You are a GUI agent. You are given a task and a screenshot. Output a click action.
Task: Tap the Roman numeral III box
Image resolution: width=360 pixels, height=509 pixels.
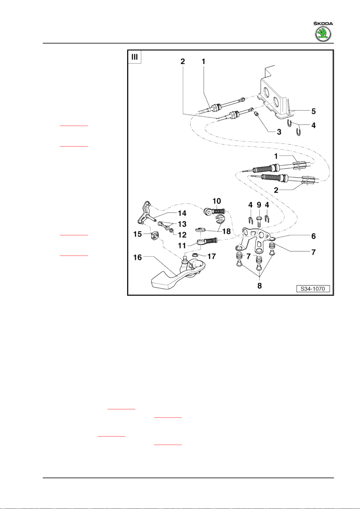click(x=134, y=57)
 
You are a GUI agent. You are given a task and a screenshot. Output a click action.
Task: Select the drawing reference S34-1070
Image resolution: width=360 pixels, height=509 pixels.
click(x=313, y=289)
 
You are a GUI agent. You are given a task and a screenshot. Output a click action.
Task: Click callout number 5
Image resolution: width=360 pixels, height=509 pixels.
click(x=313, y=111)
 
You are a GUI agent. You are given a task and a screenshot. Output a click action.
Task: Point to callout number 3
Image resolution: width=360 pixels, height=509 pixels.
click(x=279, y=132)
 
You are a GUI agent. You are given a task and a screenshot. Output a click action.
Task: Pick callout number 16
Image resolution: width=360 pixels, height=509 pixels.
click(x=137, y=257)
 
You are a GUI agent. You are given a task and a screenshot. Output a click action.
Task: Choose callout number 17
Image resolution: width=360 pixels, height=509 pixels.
click(x=211, y=256)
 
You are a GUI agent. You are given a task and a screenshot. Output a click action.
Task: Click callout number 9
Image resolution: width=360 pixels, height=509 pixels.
click(x=259, y=205)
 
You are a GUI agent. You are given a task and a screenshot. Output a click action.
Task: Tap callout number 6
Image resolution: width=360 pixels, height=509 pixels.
click(x=313, y=236)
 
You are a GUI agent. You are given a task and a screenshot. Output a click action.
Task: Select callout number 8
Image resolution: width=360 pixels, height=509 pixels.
click(x=259, y=285)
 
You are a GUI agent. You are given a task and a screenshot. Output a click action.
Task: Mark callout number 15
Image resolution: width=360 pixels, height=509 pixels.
click(x=137, y=234)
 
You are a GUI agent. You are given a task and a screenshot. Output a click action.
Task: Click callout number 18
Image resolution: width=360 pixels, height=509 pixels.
click(x=226, y=231)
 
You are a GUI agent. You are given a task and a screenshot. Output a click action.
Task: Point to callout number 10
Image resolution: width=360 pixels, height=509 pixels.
click(x=217, y=201)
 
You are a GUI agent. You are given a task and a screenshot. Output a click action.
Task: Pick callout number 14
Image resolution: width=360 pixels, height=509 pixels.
click(x=182, y=213)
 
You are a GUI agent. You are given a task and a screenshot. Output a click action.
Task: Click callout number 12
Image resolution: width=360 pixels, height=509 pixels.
click(x=182, y=235)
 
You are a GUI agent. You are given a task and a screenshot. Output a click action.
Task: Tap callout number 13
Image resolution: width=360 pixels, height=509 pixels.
click(x=182, y=224)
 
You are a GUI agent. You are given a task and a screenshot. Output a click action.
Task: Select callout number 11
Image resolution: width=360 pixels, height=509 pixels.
click(x=182, y=246)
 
